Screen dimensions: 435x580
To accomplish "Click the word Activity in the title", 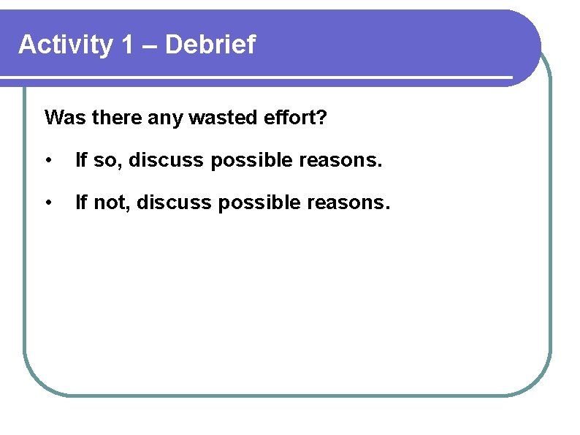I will click(x=65, y=45).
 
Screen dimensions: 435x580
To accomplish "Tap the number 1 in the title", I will click(x=127, y=45).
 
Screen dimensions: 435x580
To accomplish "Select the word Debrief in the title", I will click(x=211, y=45).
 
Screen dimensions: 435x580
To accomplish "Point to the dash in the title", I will click(x=150, y=46).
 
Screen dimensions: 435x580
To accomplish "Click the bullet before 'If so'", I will click(x=47, y=160).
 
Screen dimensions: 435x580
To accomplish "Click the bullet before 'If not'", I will click(x=47, y=203).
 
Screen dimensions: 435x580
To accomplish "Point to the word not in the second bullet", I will click(x=111, y=203).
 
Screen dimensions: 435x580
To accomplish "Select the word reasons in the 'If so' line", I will click(x=340, y=160).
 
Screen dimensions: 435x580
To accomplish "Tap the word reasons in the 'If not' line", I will click(x=348, y=203).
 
